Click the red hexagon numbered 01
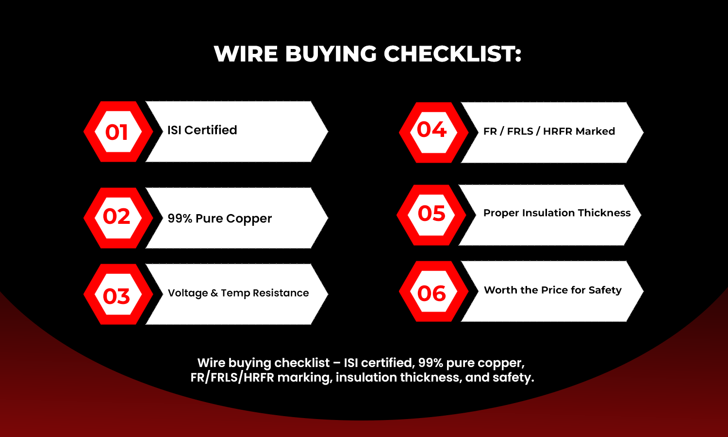tap(117, 132)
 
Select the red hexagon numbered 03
tap(117, 295)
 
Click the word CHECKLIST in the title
tap(452, 54)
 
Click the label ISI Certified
tap(202, 130)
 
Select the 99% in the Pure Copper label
tap(180, 218)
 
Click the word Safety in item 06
tap(605, 290)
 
